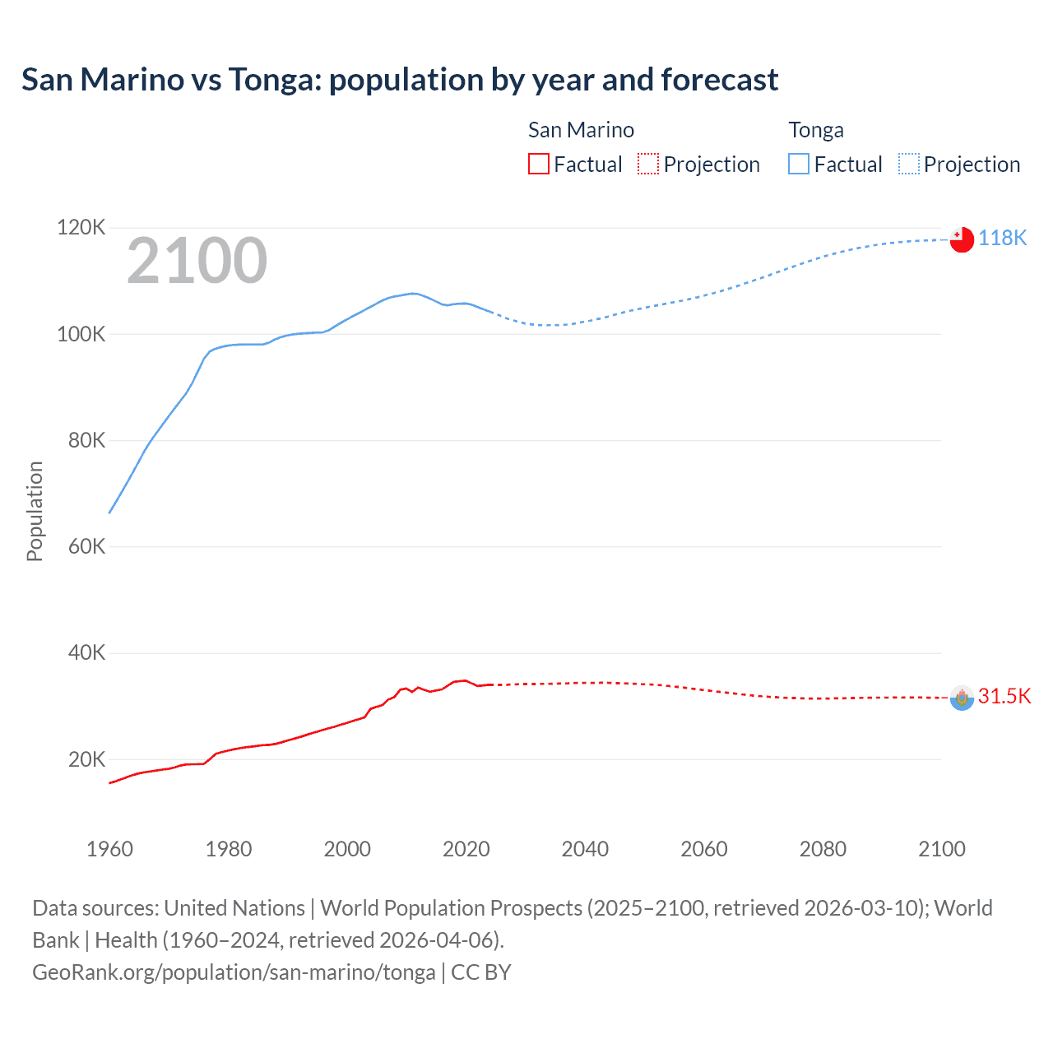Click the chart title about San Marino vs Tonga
point(400,80)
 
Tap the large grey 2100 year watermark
point(197,261)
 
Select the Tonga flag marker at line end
point(962,239)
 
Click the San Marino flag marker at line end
point(962,698)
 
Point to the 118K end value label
point(1002,238)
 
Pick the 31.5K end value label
point(1004,696)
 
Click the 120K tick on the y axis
point(81,227)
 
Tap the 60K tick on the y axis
point(86,546)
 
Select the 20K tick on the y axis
point(86,759)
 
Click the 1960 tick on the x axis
point(109,849)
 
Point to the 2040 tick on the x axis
point(585,849)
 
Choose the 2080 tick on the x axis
point(823,849)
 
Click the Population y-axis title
point(35,511)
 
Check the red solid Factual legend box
point(539,164)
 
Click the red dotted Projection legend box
point(648,164)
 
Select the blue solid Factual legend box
point(799,164)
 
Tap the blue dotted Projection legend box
point(909,164)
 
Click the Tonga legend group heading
point(816,130)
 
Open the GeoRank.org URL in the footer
point(234,972)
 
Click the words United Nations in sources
point(234,908)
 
